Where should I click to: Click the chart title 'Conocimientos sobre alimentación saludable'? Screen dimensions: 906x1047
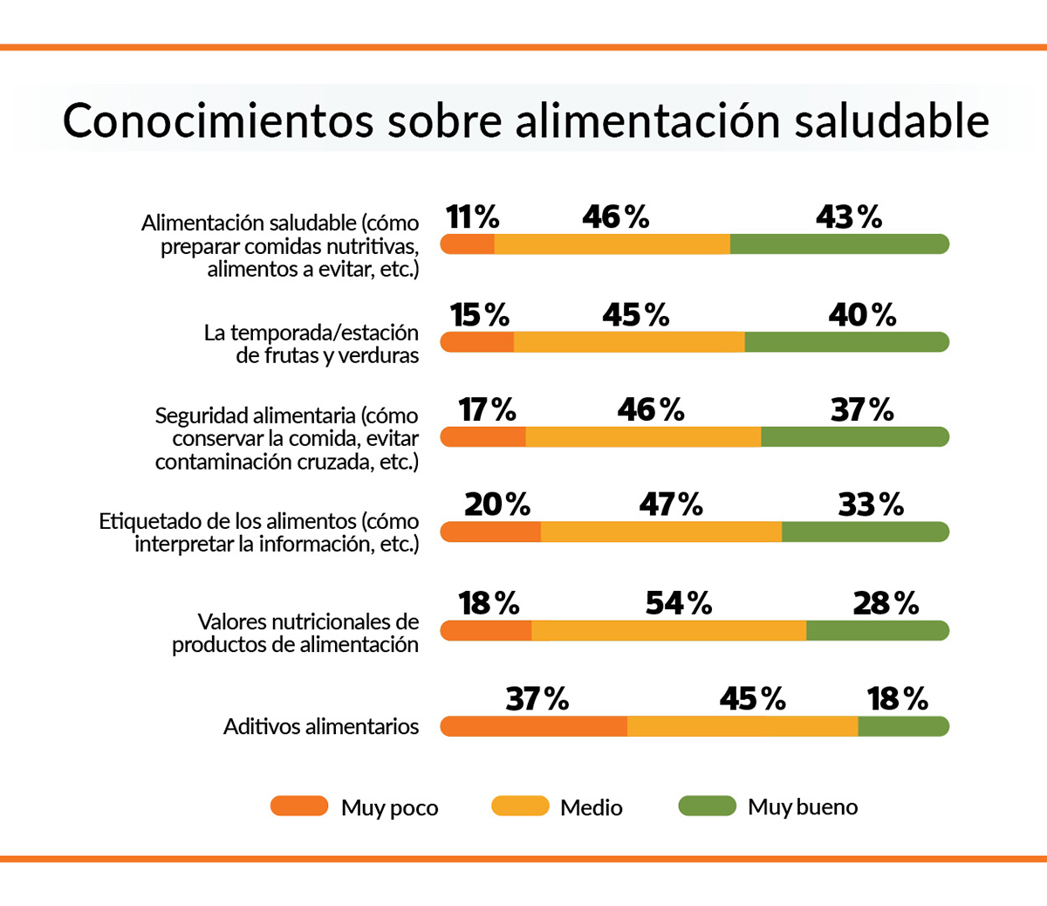[525, 120]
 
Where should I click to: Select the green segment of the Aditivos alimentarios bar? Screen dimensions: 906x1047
[903, 726]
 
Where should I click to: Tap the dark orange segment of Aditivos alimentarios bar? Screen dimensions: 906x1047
[534, 726]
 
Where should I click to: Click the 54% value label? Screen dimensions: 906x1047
[678, 603]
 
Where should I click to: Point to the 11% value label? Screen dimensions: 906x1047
[472, 216]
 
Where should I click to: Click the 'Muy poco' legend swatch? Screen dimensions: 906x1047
[299, 806]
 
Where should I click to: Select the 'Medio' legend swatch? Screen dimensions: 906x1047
[520, 806]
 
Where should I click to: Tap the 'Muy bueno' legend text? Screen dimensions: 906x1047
[803, 807]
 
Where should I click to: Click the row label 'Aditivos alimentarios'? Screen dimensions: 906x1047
[321, 726]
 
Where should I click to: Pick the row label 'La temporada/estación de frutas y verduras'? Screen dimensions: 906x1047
[311, 344]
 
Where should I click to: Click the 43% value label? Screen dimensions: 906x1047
[848, 216]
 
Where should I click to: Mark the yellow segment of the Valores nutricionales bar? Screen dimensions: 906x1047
[668, 630]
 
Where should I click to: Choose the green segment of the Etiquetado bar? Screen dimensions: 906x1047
[865, 532]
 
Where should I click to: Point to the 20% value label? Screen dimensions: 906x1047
[496, 504]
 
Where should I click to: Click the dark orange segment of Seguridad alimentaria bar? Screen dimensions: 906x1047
[483, 436]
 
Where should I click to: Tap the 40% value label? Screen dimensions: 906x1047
[862, 315]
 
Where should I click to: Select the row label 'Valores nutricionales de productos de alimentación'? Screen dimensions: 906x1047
[296, 633]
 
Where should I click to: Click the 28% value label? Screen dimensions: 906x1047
[886, 603]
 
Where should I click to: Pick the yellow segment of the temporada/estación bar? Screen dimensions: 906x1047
[629, 342]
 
